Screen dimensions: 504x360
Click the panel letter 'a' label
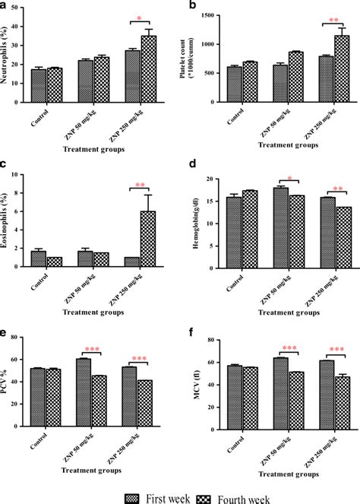[x=5, y=5]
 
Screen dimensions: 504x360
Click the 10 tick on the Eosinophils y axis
[x=21, y=175]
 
